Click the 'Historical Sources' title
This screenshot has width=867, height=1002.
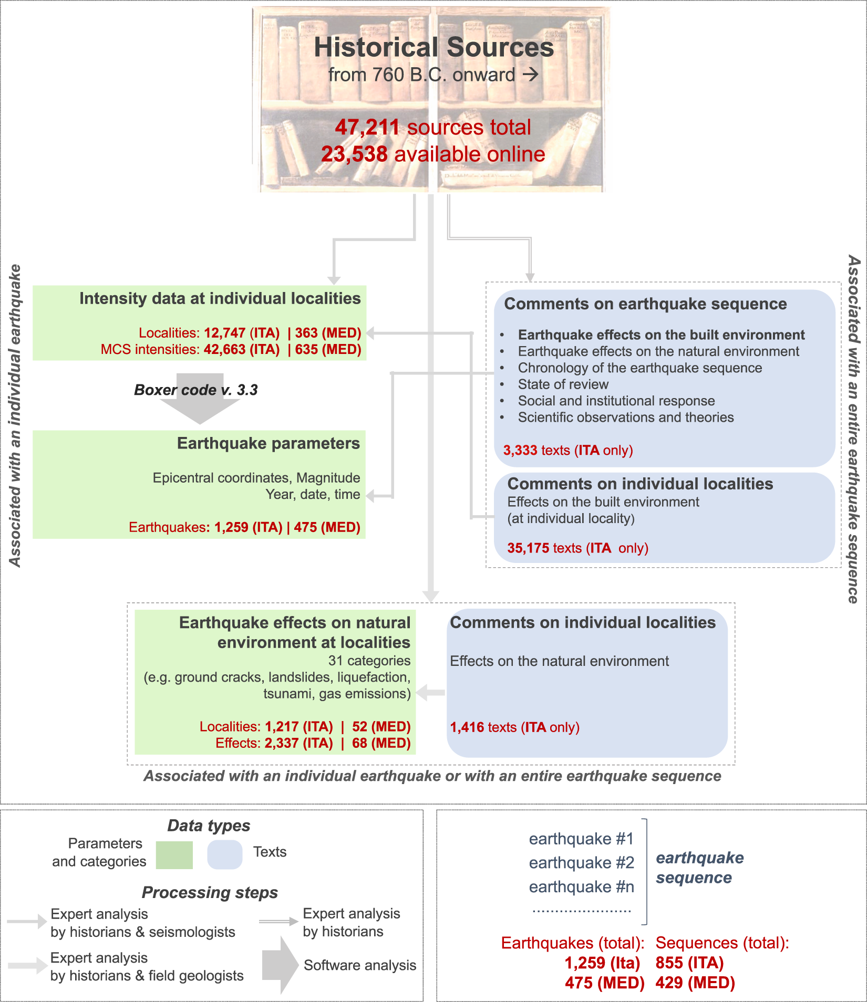(434, 47)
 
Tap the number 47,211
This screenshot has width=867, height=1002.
(367, 127)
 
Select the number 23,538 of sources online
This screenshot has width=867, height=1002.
(354, 154)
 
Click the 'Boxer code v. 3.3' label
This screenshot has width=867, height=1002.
(196, 390)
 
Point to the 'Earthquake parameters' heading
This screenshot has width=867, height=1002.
(268, 443)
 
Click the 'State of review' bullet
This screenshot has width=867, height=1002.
(563, 384)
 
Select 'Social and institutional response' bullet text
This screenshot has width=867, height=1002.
(616, 401)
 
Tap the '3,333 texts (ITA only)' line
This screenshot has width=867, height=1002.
(567, 450)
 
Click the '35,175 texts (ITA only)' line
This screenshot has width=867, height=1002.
(577, 548)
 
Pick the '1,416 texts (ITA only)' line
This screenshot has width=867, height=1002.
(514, 727)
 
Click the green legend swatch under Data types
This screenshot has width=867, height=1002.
(174, 855)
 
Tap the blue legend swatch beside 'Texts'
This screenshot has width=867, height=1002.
(225, 854)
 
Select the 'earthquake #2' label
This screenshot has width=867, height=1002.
(581, 862)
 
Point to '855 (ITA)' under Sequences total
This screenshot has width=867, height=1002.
(689, 963)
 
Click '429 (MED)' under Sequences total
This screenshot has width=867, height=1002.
(695, 983)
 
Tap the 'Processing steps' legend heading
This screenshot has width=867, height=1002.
(210, 892)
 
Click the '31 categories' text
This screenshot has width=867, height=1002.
(369, 661)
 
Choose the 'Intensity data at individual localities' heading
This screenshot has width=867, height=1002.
(220, 298)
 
